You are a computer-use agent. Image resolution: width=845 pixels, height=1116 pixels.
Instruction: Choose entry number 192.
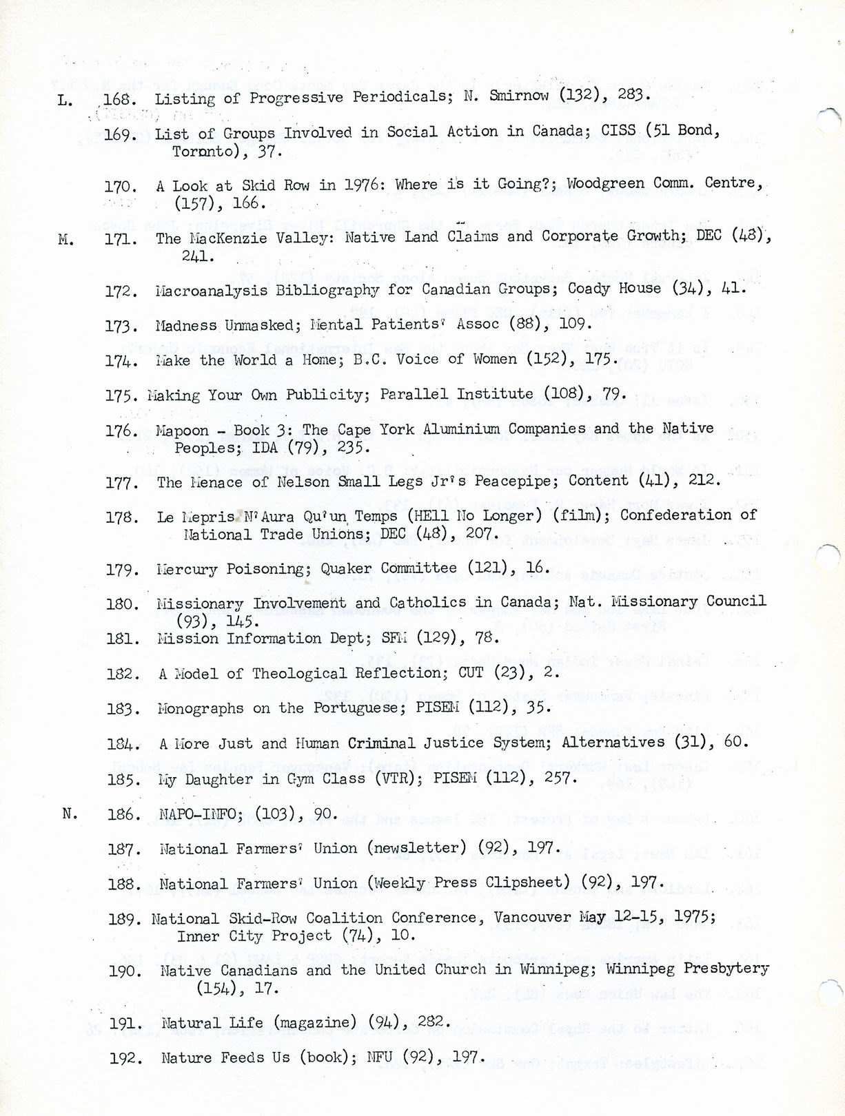click(126, 1058)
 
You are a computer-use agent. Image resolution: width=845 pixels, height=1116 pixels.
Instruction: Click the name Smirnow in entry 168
click(518, 96)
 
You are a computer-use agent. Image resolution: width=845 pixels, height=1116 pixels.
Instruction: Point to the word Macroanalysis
click(212, 291)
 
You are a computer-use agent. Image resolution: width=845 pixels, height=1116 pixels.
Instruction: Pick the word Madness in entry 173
click(185, 325)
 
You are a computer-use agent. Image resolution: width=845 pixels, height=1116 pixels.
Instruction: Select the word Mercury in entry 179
click(187, 570)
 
